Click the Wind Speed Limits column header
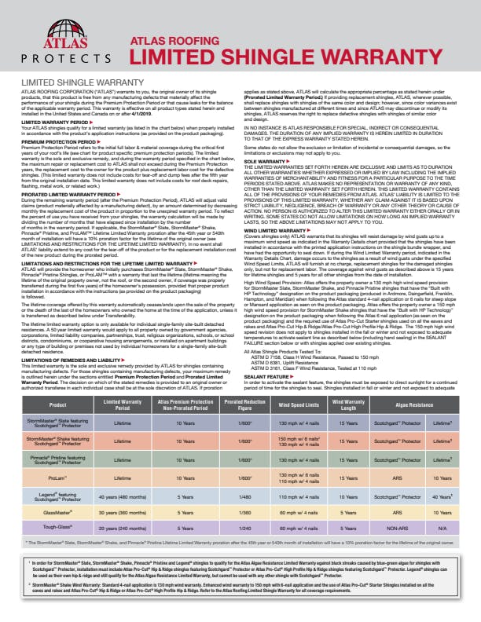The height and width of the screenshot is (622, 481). click(296, 382)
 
